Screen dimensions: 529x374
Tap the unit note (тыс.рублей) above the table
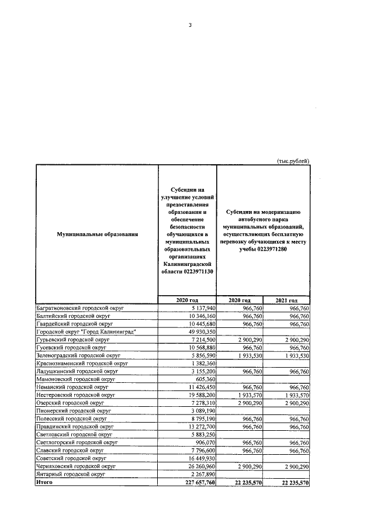click(x=292, y=160)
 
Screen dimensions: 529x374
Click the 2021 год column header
click(x=286, y=300)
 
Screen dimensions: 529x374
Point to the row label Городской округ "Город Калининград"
click(x=82, y=331)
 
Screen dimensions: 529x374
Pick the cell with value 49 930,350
click(x=200, y=331)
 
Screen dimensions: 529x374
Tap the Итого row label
click(x=44, y=482)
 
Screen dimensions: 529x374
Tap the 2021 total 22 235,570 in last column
click(x=289, y=483)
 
